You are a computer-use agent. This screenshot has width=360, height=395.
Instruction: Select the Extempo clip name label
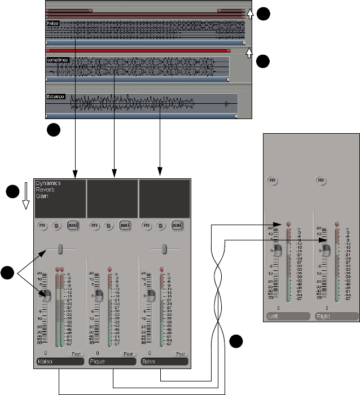(56, 96)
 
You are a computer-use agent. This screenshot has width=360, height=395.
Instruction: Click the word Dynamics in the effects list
(49, 183)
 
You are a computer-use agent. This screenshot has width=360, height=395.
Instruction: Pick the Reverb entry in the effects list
(45, 190)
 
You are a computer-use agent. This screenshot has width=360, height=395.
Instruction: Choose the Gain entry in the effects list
(42, 197)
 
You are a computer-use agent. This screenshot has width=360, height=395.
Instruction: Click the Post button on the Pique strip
(128, 353)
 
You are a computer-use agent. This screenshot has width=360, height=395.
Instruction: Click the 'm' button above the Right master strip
(321, 180)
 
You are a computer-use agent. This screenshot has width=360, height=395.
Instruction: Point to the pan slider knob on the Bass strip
(164, 249)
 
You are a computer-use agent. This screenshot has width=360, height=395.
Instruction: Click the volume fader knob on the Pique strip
(99, 296)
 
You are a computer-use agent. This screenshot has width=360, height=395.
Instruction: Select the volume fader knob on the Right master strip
(326, 252)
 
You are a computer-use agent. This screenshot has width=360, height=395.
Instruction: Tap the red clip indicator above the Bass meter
(161, 269)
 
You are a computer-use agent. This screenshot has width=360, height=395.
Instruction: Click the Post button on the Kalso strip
(76, 353)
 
